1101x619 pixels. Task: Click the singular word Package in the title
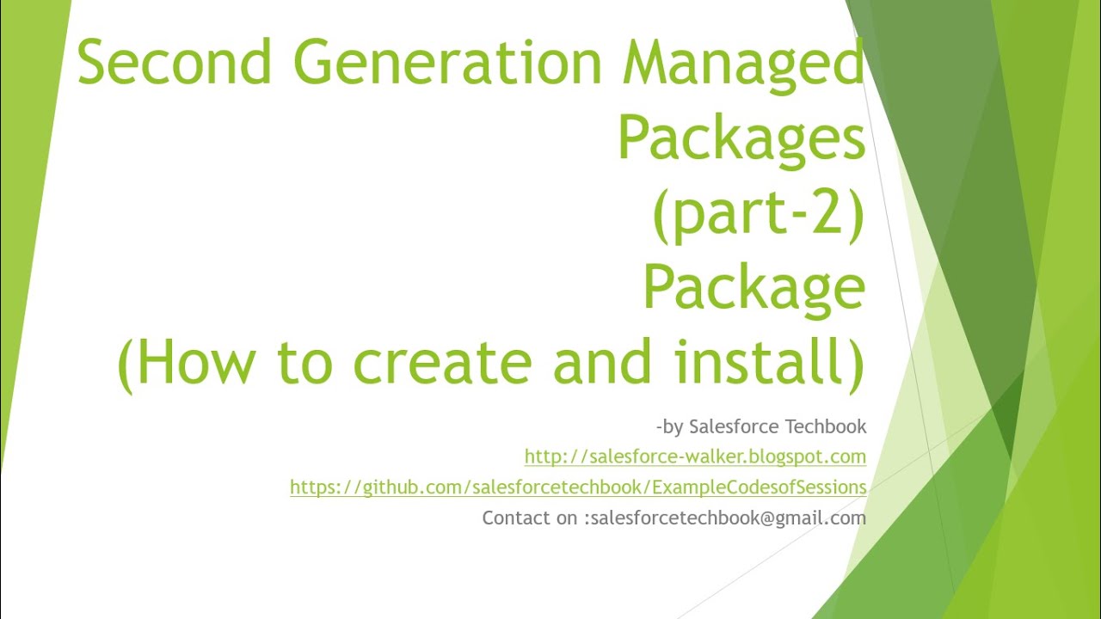coord(753,288)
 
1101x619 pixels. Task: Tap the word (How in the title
coord(186,363)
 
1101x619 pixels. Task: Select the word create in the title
coord(442,363)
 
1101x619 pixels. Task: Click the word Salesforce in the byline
coord(732,426)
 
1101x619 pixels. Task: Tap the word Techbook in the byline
coord(827,426)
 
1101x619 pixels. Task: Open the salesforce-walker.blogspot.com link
coord(695,457)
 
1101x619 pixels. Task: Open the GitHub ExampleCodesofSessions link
coord(578,487)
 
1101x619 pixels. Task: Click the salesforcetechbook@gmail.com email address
coord(729,518)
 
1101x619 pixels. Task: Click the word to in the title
coord(304,363)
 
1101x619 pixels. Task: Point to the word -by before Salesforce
coord(669,426)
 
